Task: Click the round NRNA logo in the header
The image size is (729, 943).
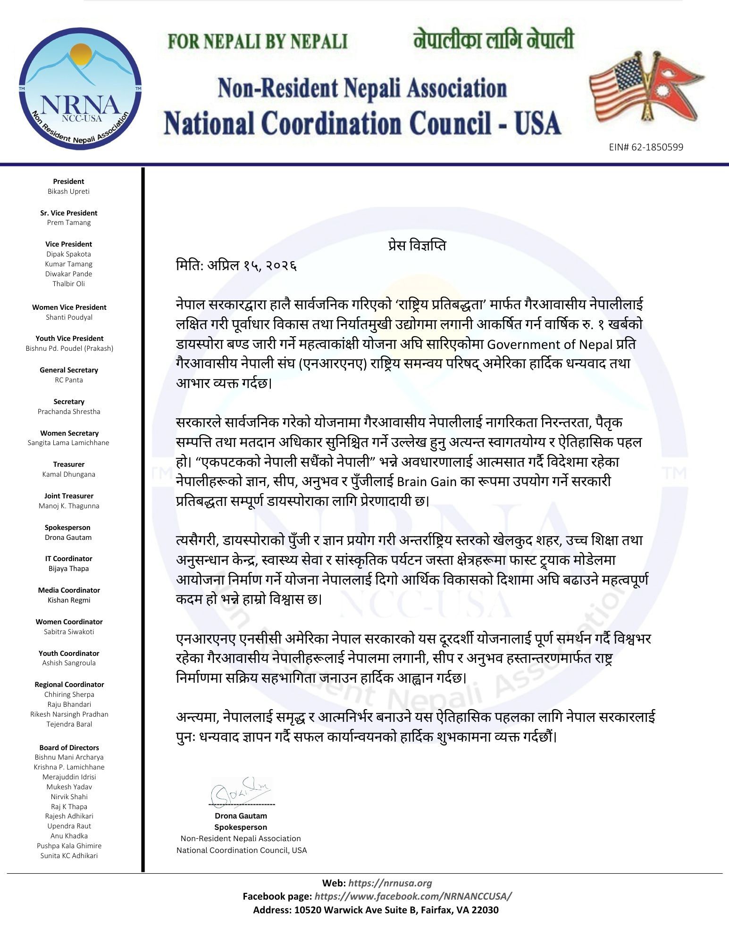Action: pyautogui.click(x=80, y=89)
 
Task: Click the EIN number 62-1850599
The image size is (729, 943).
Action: pyautogui.click(x=646, y=147)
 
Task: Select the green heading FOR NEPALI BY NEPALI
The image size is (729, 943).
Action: pyautogui.click(x=258, y=41)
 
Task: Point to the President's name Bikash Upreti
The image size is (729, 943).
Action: pyautogui.click(x=68, y=191)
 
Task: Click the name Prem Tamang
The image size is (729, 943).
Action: pyautogui.click(x=68, y=223)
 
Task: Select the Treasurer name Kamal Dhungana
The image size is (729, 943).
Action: pyautogui.click(x=68, y=474)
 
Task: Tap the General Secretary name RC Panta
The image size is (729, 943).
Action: pyautogui.click(x=68, y=380)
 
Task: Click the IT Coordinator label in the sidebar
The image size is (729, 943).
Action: pyautogui.click(x=68, y=558)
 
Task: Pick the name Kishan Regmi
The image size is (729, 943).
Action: pyautogui.click(x=68, y=600)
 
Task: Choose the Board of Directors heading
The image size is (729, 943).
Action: pyautogui.click(x=69, y=747)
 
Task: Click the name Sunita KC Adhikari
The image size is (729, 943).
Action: pyautogui.click(x=69, y=856)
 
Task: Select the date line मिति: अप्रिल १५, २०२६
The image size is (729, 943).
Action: pyautogui.click(x=236, y=266)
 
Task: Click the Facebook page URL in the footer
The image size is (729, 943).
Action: pyautogui.click(x=413, y=896)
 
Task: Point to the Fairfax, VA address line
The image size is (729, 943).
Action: pyautogui.click(x=376, y=910)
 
